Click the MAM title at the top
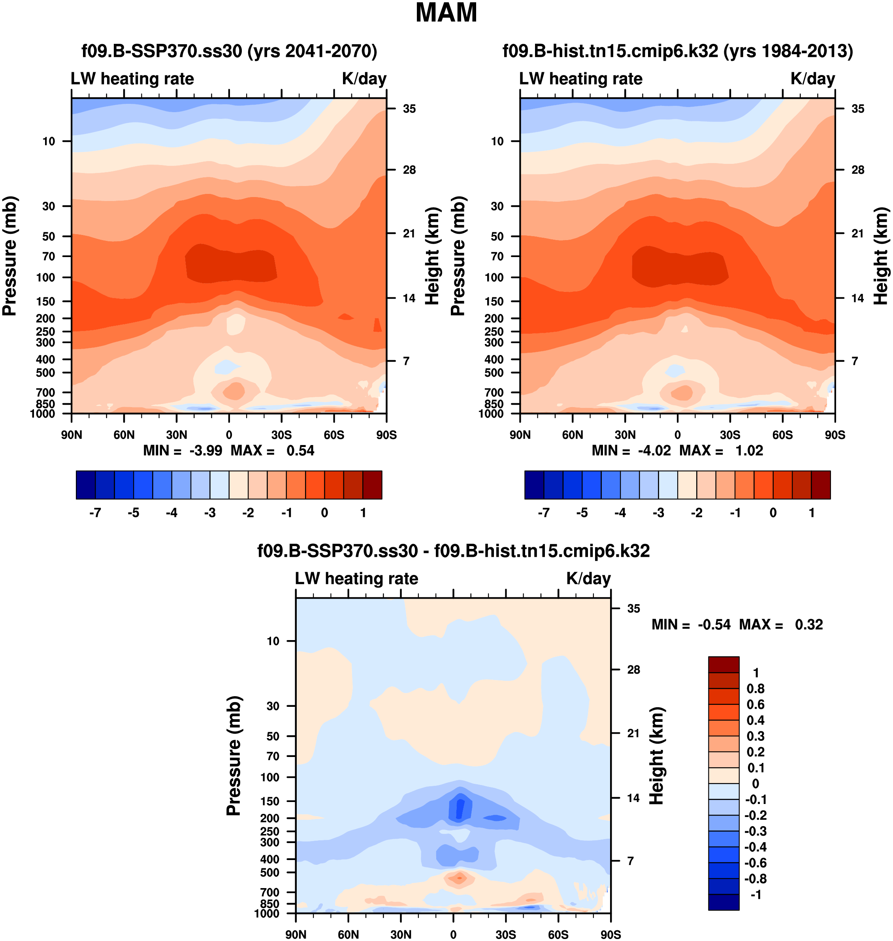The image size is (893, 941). (x=446, y=13)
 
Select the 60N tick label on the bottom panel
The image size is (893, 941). (x=348, y=934)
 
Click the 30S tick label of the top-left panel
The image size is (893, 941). (x=281, y=435)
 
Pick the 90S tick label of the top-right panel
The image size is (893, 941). (x=835, y=435)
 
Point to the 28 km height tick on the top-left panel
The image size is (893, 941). (x=409, y=170)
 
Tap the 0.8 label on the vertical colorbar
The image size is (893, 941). (x=755, y=689)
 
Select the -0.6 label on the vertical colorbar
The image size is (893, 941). (x=755, y=863)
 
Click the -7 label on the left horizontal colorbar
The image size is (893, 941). (x=95, y=513)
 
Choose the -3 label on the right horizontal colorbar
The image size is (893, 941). (x=658, y=513)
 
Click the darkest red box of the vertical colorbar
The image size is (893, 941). (x=723, y=665)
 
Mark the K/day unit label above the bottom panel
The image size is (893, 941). (x=588, y=578)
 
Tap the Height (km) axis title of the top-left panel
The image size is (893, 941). (x=432, y=256)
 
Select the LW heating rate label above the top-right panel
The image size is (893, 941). (x=581, y=79)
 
